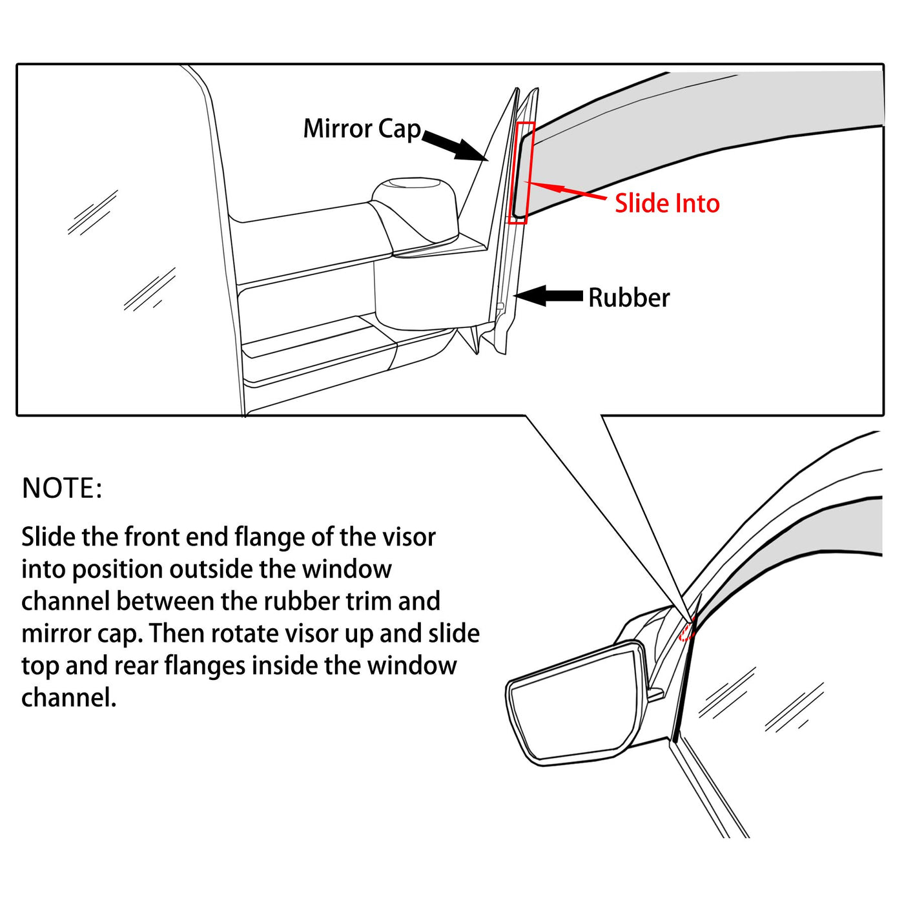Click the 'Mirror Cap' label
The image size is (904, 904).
(362, 129)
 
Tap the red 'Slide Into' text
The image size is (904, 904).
(666, 203)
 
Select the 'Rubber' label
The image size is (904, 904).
(628, 298)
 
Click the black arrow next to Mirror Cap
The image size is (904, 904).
(455, 146)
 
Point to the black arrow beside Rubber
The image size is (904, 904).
(549, 296)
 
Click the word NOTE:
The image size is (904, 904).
(62, 488)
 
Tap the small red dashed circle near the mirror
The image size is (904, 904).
(687, 630)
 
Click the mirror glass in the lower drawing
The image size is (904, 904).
(568, 707)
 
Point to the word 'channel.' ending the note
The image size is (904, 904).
(68, 698)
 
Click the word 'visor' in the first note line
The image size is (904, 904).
(409, 537)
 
